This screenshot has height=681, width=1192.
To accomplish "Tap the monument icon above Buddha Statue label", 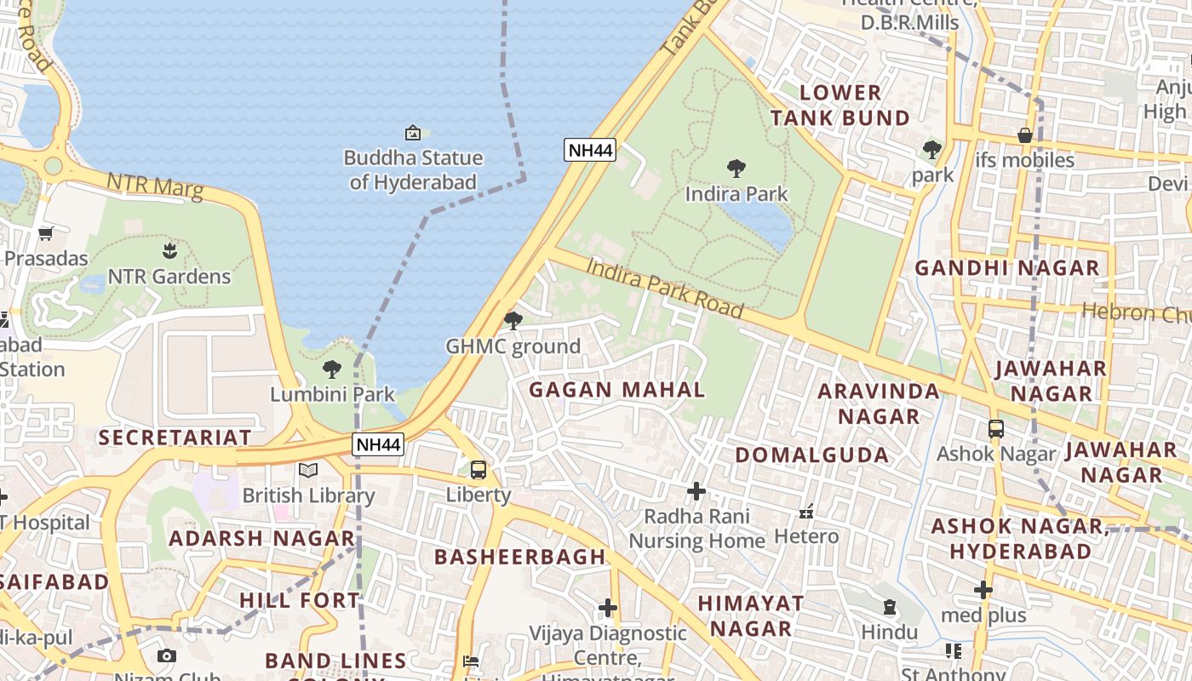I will coord(413,133).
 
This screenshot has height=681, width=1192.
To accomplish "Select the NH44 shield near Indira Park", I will coord(590,151).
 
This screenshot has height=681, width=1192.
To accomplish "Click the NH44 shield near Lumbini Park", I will coord(378,444).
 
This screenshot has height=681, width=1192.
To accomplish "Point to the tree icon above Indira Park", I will coord(736,169).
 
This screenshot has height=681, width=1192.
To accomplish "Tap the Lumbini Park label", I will coord(332,394).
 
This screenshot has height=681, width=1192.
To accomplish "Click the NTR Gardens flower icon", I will coord(169,251).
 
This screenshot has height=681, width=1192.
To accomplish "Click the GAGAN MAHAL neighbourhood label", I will coord(616,391).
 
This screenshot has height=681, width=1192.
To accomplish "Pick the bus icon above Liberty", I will coord(479,470).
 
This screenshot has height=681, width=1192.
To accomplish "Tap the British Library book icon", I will coord(307,470).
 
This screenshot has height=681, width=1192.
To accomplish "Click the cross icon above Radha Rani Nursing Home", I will coord(696,491).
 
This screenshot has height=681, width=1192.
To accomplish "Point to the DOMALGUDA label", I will coord(811,455).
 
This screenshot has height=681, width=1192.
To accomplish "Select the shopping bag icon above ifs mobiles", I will coord(1025,135).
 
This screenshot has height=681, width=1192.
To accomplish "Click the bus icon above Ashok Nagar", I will coord(995,429).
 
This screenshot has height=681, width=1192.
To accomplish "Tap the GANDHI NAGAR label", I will coord(1007,268).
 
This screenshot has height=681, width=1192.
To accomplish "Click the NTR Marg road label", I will coord(155,186).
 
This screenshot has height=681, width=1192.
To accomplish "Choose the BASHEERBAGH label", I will coord(519,558).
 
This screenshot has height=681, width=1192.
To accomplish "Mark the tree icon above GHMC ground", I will coord(513,321).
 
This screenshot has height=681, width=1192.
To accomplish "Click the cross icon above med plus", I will coord(983,590).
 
